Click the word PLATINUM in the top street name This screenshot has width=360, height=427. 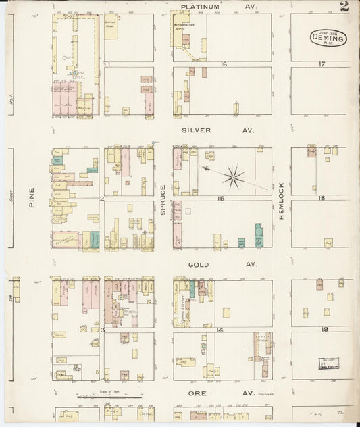[x=200, y=7]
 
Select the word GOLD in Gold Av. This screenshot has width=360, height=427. [x=199, y=265]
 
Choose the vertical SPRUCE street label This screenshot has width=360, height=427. [x=163, y=201]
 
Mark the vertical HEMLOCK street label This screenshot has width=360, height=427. [x=282, y=199]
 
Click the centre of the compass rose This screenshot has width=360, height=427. [x=234, y=177]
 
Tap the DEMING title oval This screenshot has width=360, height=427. [x=328, y=38]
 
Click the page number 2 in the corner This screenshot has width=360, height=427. [x=344, y=7]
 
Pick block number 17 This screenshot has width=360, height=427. [x=322, y=64]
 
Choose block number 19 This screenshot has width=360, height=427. [x=324, y=329]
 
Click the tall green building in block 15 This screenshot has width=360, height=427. [x=258, y=235]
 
